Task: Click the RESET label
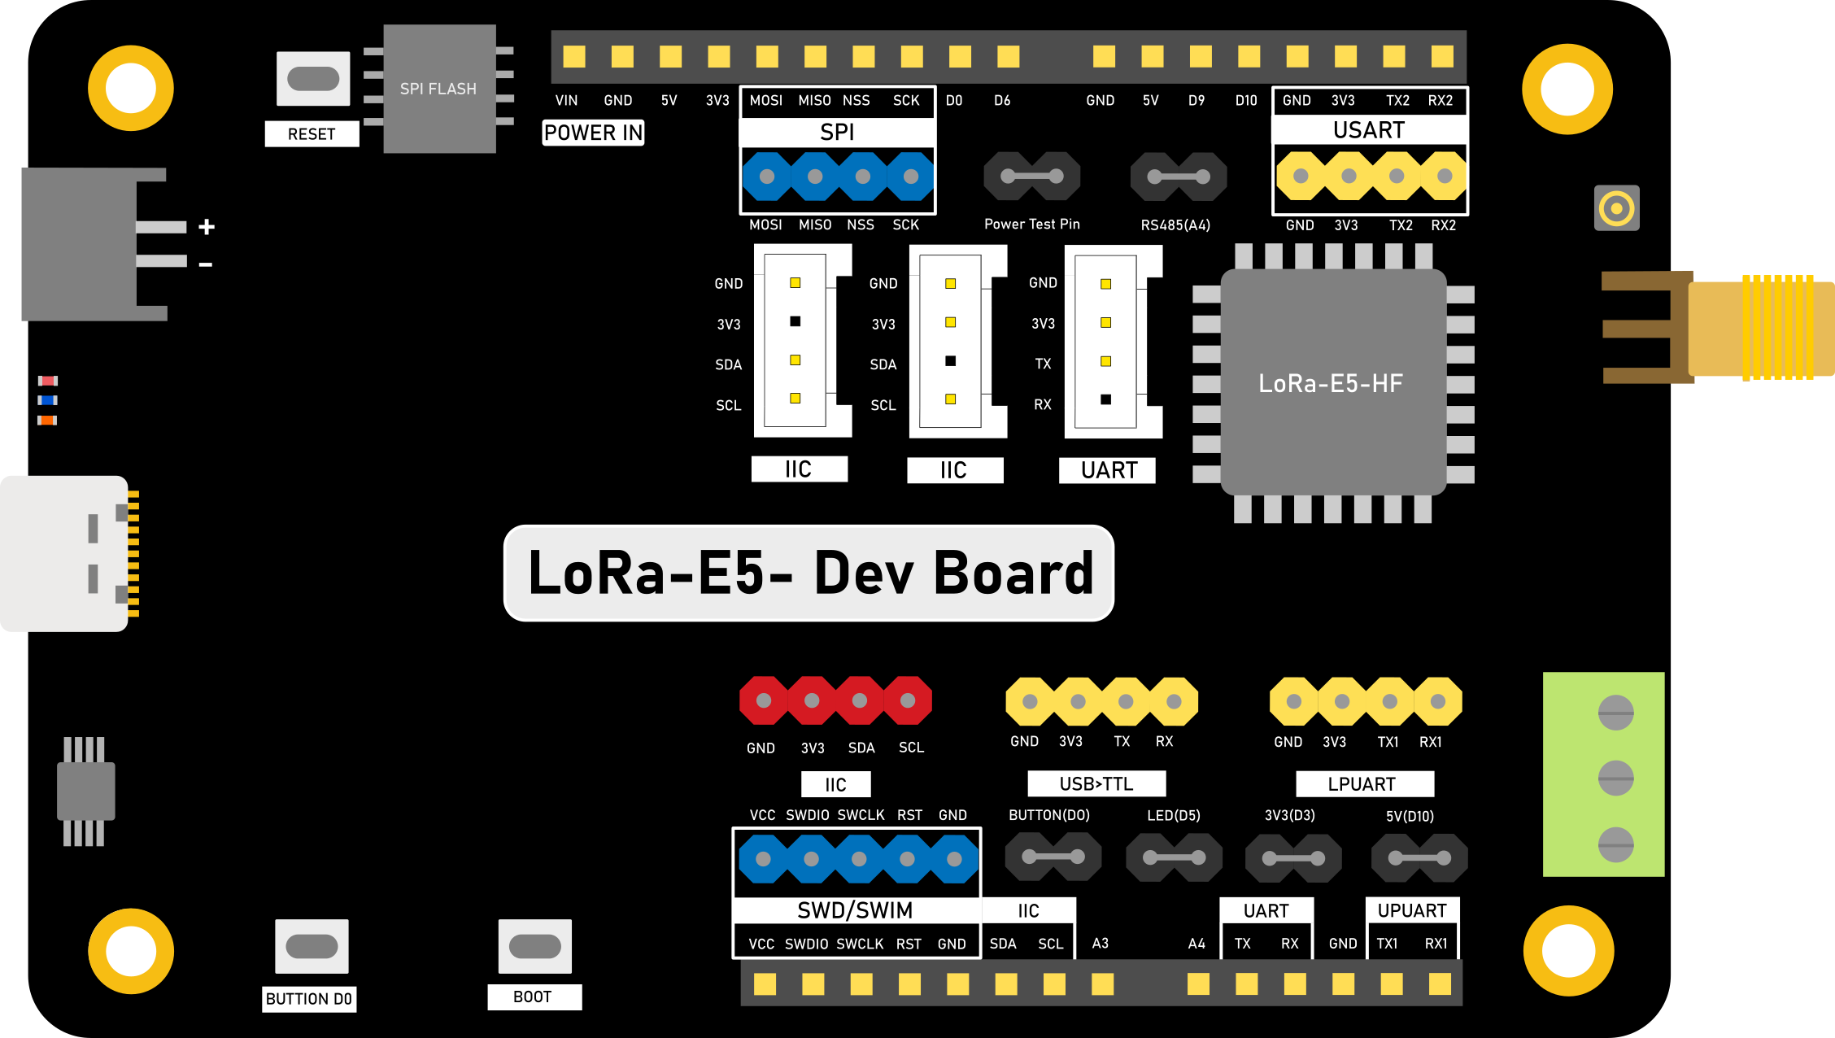[312, 134]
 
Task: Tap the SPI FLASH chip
[439, 89]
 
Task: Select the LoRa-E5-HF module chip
[1332, 382]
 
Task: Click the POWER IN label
[593, 133]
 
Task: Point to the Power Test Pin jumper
[1031, 176]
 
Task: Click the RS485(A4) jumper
[1178, 177]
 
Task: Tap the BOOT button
[534, 946]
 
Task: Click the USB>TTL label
[1096, 783]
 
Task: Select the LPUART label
[1363, 784]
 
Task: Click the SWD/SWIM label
[855, 910]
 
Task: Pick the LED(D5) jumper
[1174, 857]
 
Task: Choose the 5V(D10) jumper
[1419, 857]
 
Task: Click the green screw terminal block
[1603, 774]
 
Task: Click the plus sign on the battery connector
[207, 227]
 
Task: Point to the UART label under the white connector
[1108, 470]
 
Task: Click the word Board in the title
[1013, 574]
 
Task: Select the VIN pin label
[566, 101]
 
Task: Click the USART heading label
[1369, 130]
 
